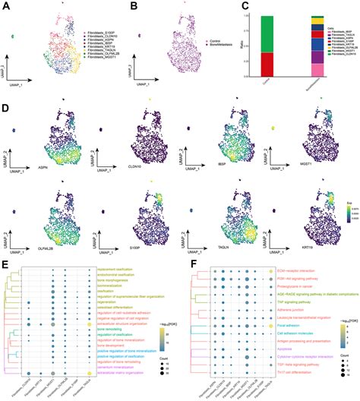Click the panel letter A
pyautogui.click(x=6, y=7)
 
